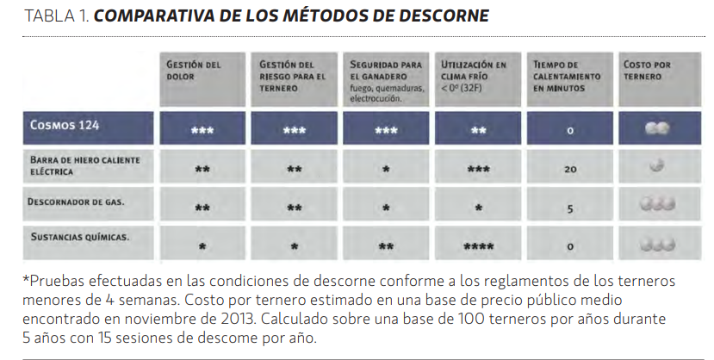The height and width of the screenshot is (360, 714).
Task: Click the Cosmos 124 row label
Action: (x=65, y=125)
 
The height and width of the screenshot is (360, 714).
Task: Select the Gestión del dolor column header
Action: (x=193, y=71)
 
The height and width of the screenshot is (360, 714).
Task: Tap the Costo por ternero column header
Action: (x=647, y=71)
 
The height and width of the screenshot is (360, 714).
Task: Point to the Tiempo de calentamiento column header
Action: (x=567, y=77)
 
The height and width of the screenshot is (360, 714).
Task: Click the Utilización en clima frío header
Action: (x=473, y=76)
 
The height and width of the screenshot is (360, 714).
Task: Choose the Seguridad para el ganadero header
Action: (x=386, y=81)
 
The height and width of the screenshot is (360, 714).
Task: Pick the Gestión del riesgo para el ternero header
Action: (x=292, y=77)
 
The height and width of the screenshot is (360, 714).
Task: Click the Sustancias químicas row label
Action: (x=80, y=237)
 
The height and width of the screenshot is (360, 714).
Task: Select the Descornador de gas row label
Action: (x=76, y=202)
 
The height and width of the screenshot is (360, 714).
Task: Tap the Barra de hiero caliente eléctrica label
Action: (x=84, y=165)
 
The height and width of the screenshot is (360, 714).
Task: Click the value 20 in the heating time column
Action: (x=570, y=170)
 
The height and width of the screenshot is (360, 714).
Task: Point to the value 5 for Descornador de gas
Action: (x=570, y=209)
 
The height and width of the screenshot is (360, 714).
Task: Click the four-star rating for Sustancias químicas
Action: (x=478, y=246)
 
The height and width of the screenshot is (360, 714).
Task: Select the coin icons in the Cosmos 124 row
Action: (x=657, y=128)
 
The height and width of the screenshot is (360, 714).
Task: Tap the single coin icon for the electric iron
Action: (x=657, y=165)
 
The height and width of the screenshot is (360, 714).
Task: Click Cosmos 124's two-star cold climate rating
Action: (x=478, y=131)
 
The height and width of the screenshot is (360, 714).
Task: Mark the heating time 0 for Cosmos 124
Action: (x=570, y=131)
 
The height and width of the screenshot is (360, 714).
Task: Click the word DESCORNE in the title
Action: (x=443, y=16)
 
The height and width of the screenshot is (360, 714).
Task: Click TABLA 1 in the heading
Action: (x=56, y=16)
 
